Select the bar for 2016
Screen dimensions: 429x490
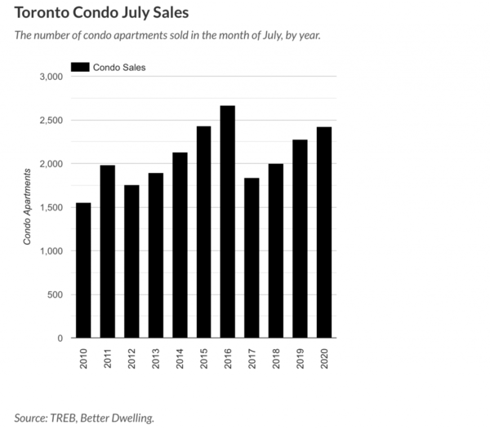tap(228, 221)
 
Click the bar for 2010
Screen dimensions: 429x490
tap(83, 270)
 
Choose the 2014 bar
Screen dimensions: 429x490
tap(180, 245)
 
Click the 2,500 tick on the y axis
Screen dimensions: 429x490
tap(51, 121)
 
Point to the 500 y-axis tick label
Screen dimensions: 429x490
tap(55, 294)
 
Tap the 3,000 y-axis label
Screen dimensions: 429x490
tap(51, 77)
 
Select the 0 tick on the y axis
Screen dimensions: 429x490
tap(60, 338)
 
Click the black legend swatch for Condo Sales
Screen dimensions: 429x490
tap(81, 67)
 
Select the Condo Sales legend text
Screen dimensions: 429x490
tap(119, 67)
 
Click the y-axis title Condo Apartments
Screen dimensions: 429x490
tap(27, 204)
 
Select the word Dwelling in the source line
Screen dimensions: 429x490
tap(131, 418)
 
